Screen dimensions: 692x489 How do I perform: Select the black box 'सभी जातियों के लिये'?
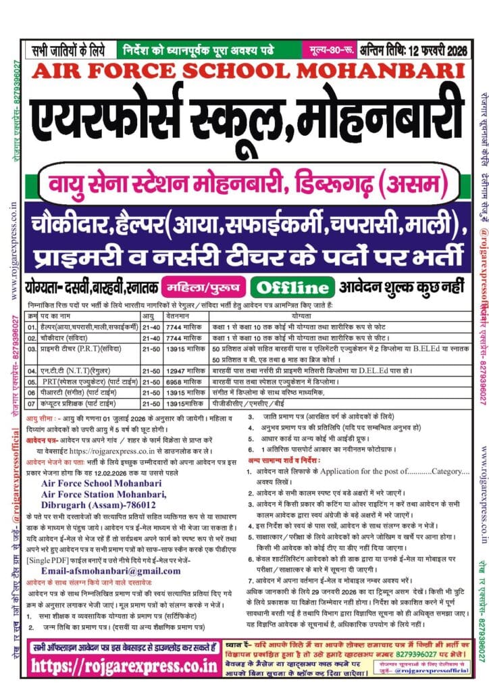click(x=70, y=49)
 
